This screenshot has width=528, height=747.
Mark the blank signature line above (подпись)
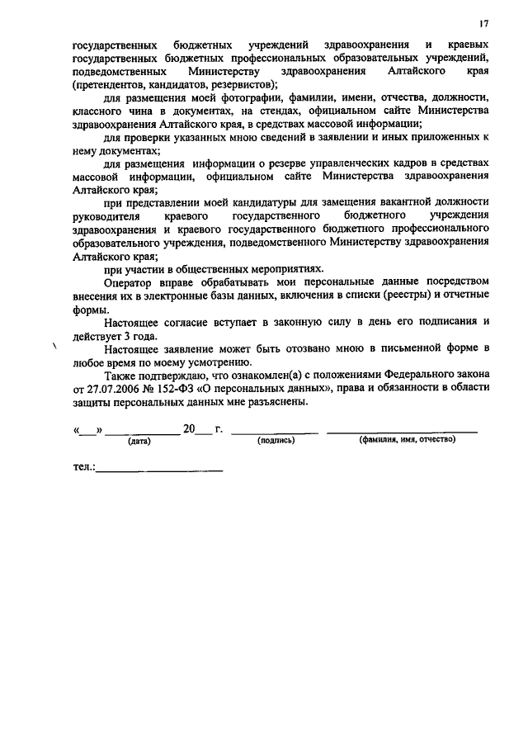coord(275,432)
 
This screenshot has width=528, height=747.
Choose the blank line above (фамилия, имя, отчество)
coord(402,432)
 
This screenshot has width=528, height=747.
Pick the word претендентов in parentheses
coord(110,84)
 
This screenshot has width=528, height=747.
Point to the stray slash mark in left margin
coord(54,347)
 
